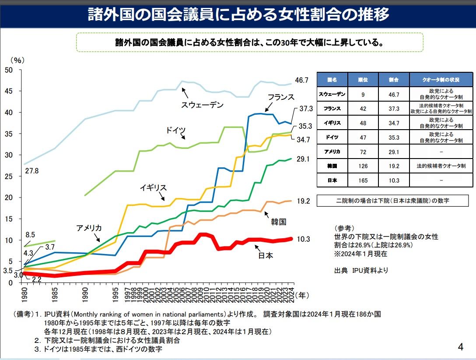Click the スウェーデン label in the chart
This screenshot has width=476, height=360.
[202, 105]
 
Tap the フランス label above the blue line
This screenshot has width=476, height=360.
[281, 97]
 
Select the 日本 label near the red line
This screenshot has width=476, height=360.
[266, 255]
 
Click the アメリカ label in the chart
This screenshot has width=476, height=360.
[89, 228]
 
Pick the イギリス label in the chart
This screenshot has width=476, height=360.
[153, 187]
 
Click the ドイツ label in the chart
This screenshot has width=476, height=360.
[176, 131]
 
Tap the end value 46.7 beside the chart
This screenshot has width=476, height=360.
[302, 80]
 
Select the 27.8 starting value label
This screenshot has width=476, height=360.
[31, 171]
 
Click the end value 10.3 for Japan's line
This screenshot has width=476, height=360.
[303, 239]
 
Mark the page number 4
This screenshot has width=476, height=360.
[460, 347]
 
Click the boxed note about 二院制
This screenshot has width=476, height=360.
[389, 201]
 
